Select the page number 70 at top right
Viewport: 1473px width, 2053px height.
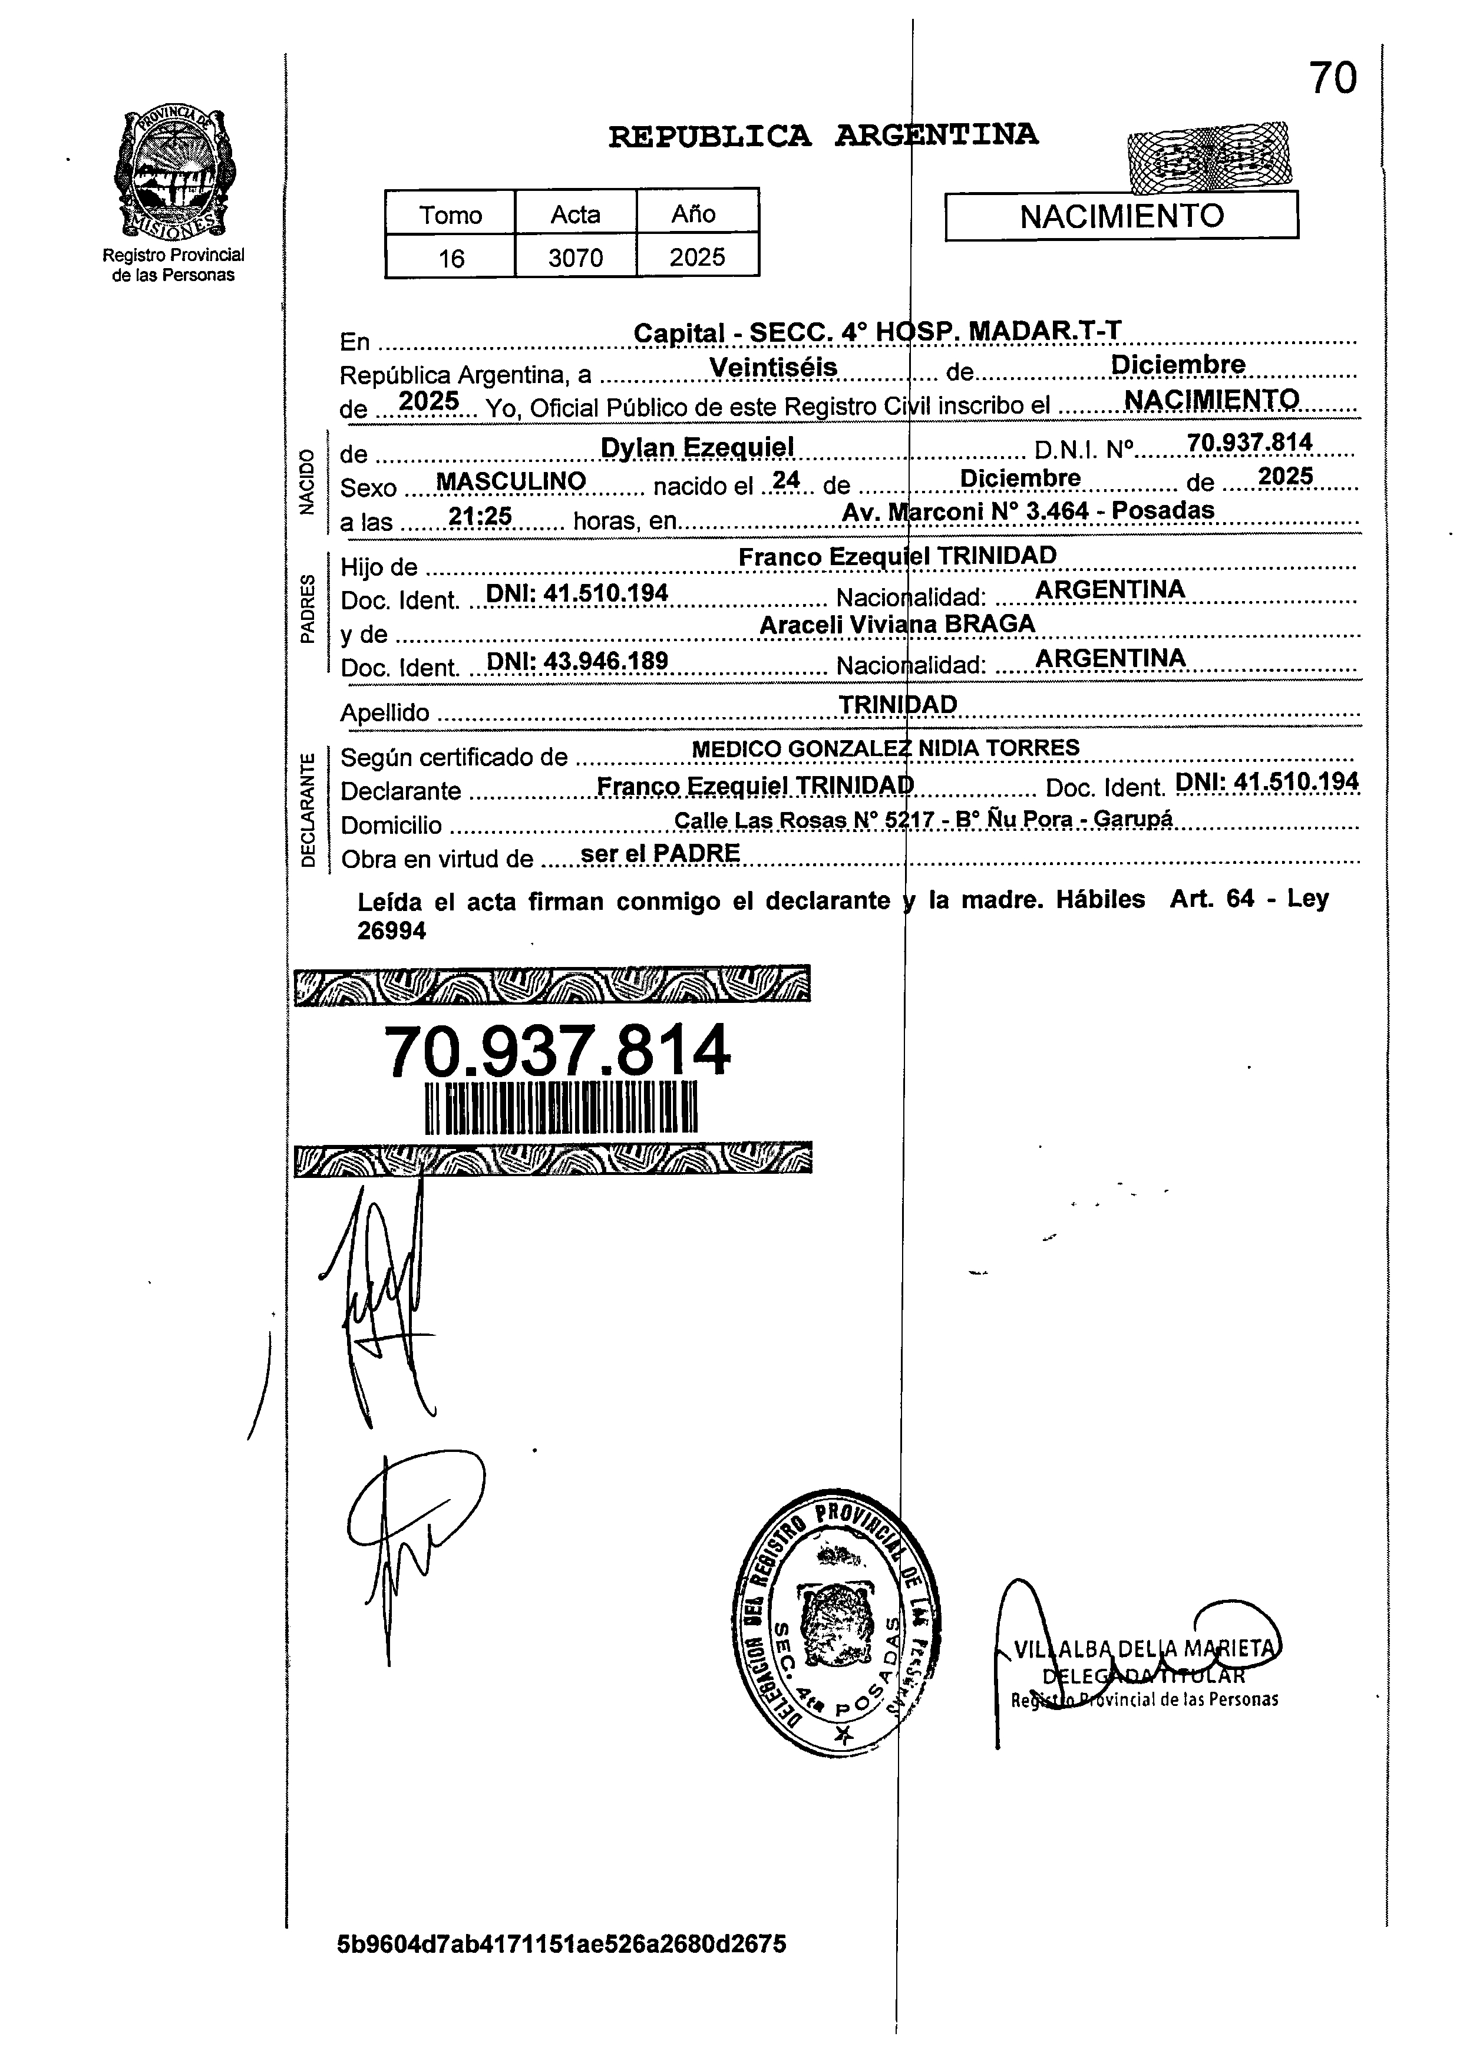[1333, 79]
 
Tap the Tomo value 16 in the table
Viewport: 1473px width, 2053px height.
[450, 258]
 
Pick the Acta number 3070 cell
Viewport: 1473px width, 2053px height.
[576, 258]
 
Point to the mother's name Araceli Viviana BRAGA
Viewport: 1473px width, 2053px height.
[896, 623]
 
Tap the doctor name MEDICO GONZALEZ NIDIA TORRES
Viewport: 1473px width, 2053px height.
[884, 748]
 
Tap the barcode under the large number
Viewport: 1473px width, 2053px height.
[562, 1107]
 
